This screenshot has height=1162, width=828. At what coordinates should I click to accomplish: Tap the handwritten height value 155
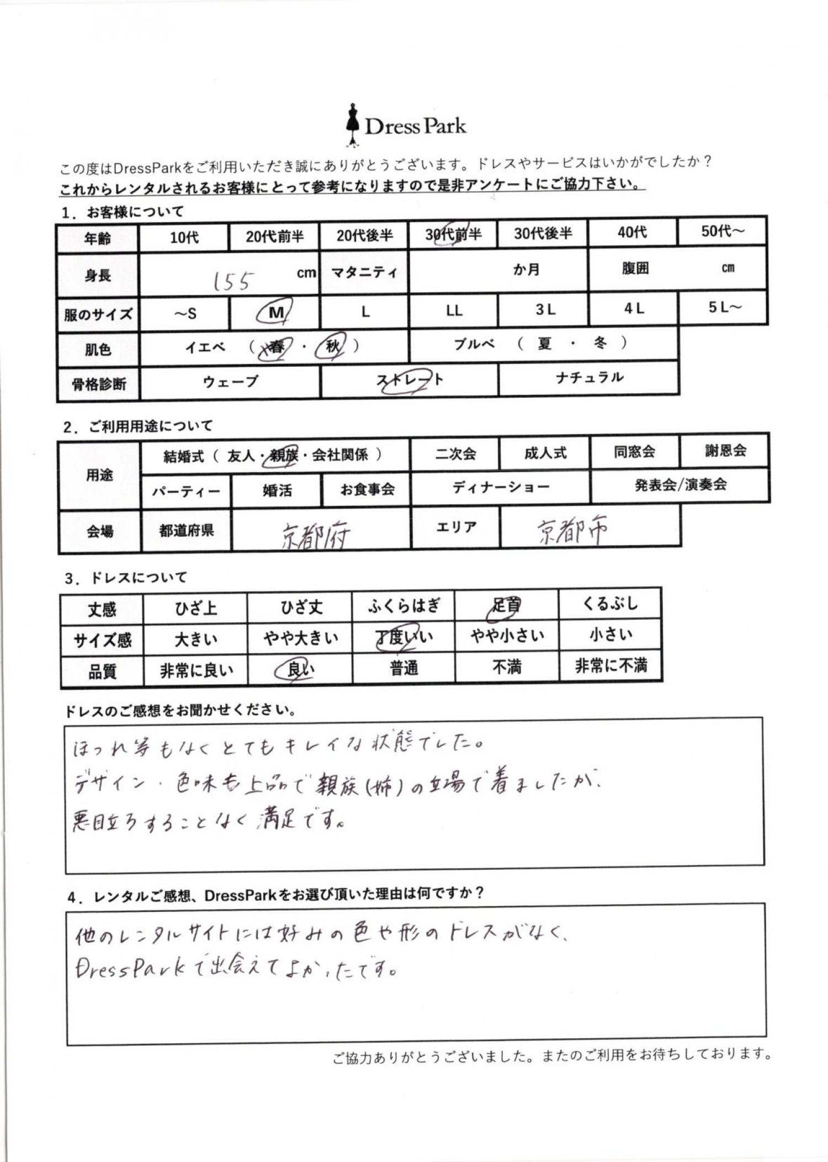[x=233, y=281]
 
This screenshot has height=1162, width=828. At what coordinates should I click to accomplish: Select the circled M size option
[x=274, y=313]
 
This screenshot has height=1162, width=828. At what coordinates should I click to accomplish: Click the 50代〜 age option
[x=722, y=231]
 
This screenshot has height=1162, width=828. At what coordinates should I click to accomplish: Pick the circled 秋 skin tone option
[x=332, y=346]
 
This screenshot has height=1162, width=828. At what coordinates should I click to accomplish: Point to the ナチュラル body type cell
[x=589, y=378]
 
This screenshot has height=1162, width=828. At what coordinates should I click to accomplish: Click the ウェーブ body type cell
[x=230, y=382]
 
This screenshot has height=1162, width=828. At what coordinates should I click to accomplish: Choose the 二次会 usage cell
[x=455, y=454]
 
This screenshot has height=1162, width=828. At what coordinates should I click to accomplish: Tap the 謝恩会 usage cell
[x=725, y=451]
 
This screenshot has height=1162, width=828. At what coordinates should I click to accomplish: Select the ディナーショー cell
[x=500, y=487]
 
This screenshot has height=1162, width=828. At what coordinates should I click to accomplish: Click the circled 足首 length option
[x=506, y=606]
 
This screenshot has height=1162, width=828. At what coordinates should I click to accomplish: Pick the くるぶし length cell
[x=610, y=604]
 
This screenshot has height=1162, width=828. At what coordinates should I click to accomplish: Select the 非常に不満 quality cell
[x=611, y=666]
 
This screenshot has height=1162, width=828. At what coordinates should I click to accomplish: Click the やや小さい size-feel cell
[x=507, y=636]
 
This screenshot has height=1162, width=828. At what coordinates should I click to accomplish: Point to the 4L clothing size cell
[x=633, y=309]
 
